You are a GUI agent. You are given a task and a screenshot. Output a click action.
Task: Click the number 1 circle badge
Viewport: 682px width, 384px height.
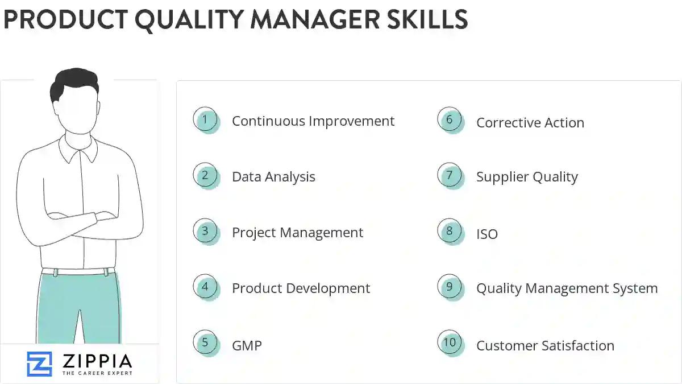point(205,120)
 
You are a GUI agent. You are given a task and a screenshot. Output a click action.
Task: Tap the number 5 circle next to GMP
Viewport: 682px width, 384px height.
point(205,343)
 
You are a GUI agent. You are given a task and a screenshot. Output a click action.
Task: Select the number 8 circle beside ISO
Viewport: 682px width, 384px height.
point(450,232)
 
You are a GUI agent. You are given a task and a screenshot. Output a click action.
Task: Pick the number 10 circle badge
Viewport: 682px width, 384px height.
point(450,343)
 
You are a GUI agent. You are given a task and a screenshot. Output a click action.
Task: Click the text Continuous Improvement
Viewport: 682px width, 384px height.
point(313,121)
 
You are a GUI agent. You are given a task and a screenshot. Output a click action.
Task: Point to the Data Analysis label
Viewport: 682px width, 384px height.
point(273,177)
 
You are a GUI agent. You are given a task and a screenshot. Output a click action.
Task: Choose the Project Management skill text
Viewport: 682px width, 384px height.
point(297,233)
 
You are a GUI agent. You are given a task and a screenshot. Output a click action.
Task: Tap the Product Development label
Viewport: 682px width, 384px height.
point(301,288)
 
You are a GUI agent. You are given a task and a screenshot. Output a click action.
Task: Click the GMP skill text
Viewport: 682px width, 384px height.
point(247,345)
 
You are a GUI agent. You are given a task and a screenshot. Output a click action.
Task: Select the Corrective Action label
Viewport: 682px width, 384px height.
point(530,123)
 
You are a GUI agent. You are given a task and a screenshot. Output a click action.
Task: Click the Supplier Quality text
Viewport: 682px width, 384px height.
point(527,177)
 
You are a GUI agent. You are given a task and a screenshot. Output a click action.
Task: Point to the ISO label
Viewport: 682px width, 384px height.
point(487,234)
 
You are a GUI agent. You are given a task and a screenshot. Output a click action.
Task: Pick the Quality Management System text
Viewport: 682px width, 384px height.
point(567,288)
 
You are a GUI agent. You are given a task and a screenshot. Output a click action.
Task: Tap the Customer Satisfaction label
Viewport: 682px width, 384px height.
point(545,345)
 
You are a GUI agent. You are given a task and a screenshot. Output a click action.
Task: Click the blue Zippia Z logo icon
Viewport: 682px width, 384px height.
point(39,364)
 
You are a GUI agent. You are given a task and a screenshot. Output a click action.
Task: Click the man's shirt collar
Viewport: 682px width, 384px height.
point(79,148)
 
